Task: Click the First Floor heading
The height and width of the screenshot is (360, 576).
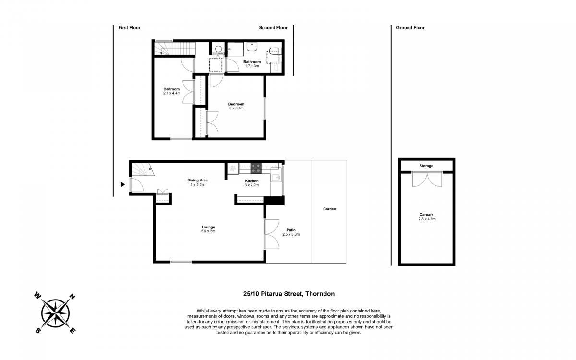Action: [x=129, y=28]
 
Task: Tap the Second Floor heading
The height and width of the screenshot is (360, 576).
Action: [x=273, y=28]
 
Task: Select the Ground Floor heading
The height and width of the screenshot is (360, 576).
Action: [x=410, y=28]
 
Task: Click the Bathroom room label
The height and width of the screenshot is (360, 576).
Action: [x=252, y=62]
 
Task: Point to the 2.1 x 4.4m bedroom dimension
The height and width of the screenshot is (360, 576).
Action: [x=172, y=93]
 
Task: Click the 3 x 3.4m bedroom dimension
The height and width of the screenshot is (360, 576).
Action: [x=236, y=108]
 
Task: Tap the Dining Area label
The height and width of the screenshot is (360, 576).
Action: [x=197, y=180]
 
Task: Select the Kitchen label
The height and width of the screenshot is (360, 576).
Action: [x=252, y=181]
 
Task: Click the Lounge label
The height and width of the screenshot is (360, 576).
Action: [x=208, y=227]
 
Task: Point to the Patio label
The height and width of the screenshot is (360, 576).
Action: [x=291, y=230]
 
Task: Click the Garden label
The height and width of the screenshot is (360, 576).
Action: [x=329, y=209]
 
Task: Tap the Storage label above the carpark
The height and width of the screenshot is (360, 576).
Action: [x=426, y=166]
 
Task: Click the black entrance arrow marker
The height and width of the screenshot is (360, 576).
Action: [x=123, y=184]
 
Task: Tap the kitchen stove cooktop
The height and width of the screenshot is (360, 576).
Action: [x=256, y=168]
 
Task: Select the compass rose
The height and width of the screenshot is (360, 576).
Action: [x=55, y=313]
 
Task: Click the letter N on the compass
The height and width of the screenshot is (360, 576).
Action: [x=72, y=297]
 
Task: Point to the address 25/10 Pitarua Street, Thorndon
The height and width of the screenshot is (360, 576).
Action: [x=289, y=294]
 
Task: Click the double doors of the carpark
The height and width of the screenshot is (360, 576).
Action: [x=427, y=179]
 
